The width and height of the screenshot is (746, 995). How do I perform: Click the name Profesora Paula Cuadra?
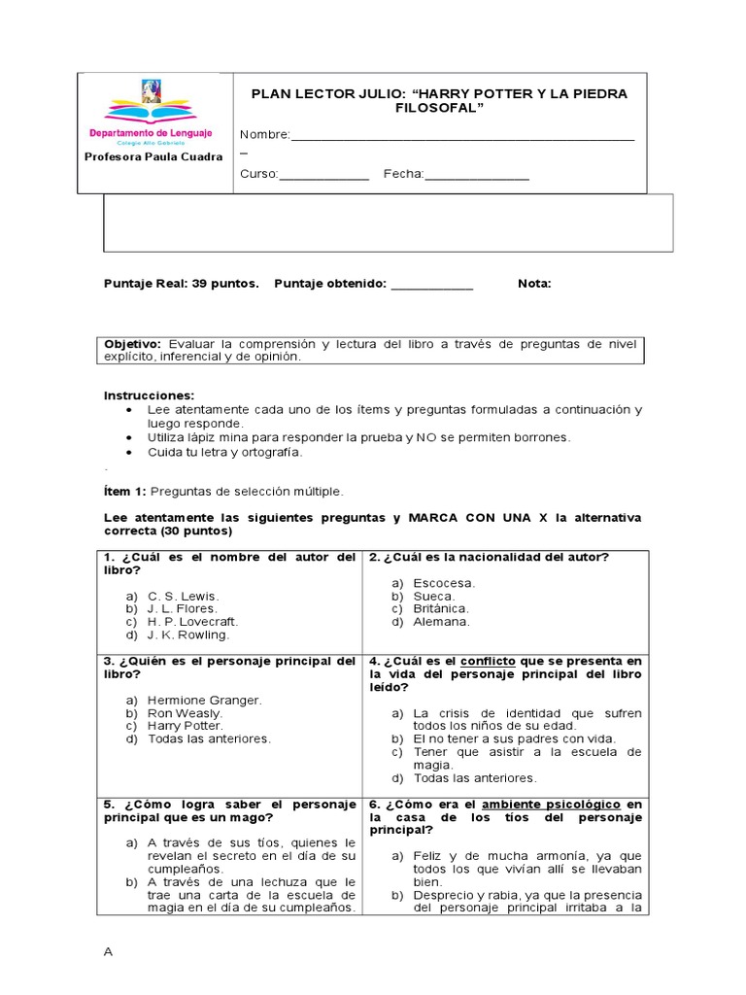tap(153, 156)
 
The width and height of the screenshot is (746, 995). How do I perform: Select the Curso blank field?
tap(324, 175)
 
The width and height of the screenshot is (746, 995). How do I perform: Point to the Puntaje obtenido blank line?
tap(430, 285)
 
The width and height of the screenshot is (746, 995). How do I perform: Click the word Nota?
tap(534, 284)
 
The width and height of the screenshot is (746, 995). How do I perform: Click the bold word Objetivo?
tap(134, 344)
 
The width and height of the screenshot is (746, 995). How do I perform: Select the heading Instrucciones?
tap(149, 395)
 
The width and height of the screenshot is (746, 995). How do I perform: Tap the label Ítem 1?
tap(123, 491)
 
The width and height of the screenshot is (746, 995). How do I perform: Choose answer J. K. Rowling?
tap(188, 635)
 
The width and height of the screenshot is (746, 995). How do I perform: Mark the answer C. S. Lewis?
tap(184, 596)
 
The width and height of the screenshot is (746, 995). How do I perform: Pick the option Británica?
tap(441, 608)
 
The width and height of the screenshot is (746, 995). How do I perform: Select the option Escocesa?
tap(444, 582)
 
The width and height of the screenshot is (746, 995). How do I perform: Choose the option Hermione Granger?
tap(205, 700)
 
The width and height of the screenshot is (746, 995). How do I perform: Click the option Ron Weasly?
tap(185, 712)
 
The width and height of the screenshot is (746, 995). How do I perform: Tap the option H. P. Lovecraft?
tap(192, 621)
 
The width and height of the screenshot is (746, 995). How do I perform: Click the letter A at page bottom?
tap(109, 951)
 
